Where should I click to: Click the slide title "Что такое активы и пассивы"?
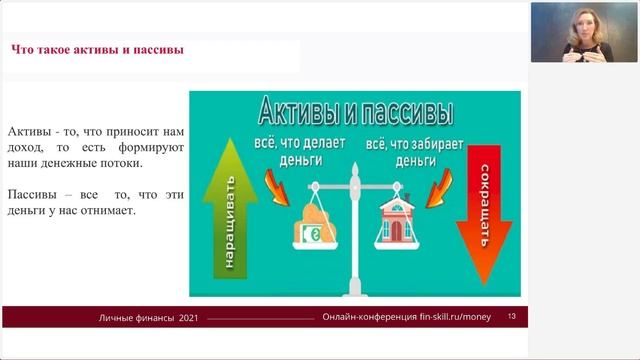tap(96, 50)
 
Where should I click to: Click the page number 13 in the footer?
tap(512, 317)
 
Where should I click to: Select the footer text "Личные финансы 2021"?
tap(149, 317)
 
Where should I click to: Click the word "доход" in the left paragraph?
tap(26, 147)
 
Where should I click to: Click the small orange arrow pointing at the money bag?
tap(273, 186)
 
